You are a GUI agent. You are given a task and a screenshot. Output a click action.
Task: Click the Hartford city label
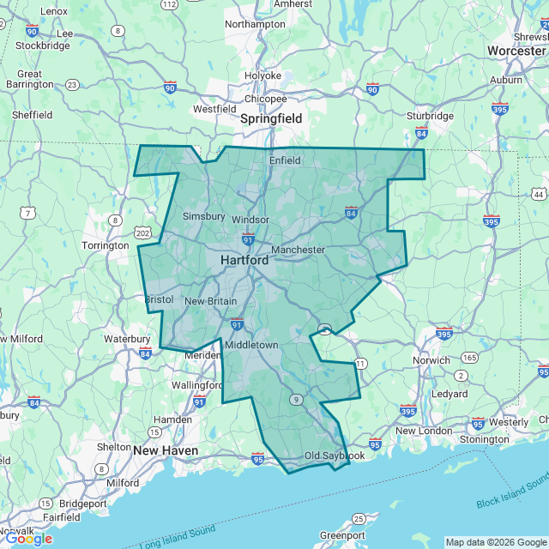click(244, 260)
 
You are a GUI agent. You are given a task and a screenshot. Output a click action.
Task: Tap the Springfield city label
click(271, 118)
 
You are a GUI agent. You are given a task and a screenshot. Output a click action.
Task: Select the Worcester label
click(516, 51)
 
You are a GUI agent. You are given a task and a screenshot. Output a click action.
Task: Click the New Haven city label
click(166, 450)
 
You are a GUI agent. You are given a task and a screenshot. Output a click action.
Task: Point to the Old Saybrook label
click(335, 455)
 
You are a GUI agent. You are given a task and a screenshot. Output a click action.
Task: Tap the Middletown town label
click(251, 345)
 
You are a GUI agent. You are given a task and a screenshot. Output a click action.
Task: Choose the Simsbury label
click(203, 216)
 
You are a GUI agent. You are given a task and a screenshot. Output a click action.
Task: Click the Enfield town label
click(285, 160)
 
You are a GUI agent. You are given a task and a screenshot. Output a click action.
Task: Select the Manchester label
click(298, 250)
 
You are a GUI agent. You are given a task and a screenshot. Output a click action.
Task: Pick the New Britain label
click(210, 301)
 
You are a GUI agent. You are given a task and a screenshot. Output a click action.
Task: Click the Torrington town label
click(105, 245)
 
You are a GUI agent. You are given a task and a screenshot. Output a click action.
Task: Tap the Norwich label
click(431, 360)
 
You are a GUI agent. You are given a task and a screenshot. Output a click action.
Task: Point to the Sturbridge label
click(430, 116)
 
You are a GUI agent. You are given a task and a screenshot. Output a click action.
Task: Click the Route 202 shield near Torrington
click(142, 233)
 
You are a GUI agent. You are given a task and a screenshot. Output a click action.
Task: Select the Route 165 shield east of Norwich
click(470, 357)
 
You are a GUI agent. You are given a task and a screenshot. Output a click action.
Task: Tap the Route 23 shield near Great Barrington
click(72, 85)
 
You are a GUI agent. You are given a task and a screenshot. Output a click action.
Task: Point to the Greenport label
click(342, 535)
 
